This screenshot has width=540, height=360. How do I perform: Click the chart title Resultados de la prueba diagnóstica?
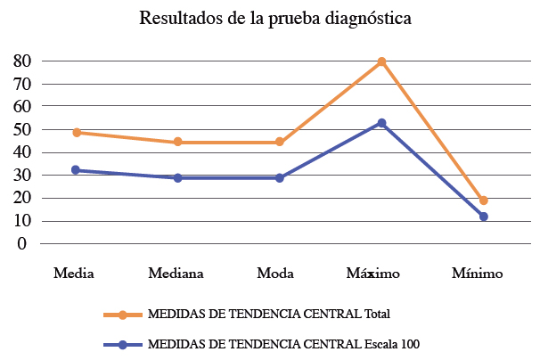275,19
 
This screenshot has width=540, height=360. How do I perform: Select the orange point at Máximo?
381,61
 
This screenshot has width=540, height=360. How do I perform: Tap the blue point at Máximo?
381,123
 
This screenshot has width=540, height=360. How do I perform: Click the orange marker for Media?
77,133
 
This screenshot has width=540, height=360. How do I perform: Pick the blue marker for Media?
77,170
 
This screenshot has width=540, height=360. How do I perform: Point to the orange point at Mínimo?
483,200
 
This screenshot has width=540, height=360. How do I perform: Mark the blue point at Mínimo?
483,217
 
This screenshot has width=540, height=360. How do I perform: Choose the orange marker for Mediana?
178,142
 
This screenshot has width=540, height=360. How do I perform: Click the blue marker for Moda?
280,178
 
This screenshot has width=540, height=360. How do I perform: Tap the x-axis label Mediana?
178,273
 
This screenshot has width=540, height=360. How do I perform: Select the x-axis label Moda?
280,273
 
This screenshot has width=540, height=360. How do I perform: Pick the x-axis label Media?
75,273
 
